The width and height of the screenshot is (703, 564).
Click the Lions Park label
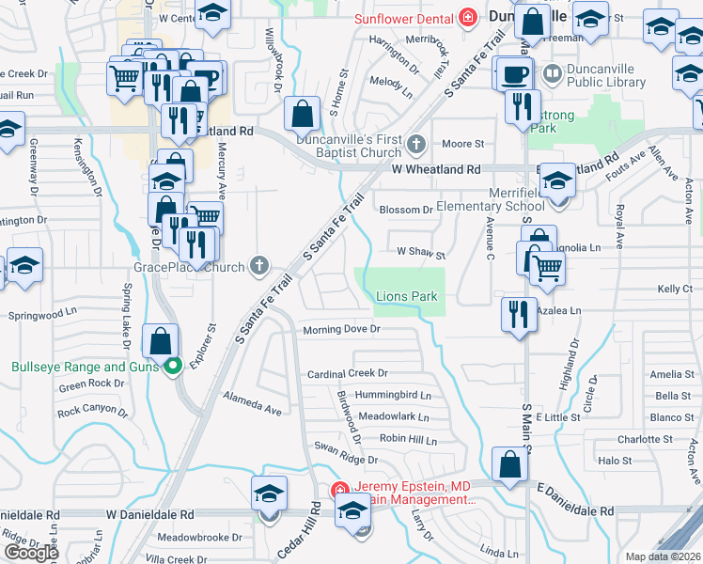[407, 296]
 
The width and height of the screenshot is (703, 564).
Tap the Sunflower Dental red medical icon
[466, 18]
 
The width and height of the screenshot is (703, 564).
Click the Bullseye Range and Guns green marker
[172, 366]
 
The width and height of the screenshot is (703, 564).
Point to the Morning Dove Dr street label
[341, 330]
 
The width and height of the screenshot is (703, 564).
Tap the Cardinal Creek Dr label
[348, 374]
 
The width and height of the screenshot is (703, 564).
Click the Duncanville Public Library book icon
[552, 71]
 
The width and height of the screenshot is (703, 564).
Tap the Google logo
[31, 553]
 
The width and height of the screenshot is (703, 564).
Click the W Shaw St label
[420, 252]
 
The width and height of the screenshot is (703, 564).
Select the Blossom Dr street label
[405, 210]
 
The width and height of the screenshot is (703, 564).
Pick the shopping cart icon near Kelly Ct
[547, 267]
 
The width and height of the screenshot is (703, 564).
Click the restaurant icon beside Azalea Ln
[518, 313]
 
